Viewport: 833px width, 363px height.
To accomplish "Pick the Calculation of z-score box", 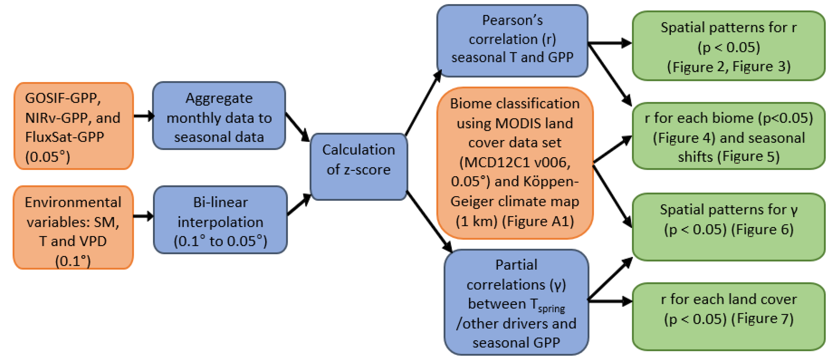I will click(x=358, y=167).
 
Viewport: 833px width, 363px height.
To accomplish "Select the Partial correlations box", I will click(x=516, y=303).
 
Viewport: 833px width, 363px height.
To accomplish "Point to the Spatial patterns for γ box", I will click(x=729, y=227).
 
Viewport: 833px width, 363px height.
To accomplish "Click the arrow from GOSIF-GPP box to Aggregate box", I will click(x=143, y=116).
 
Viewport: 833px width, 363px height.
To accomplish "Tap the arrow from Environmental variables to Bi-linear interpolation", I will click(x=143, y=216).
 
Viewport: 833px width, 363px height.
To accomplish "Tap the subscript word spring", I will click(x=552, y=309).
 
